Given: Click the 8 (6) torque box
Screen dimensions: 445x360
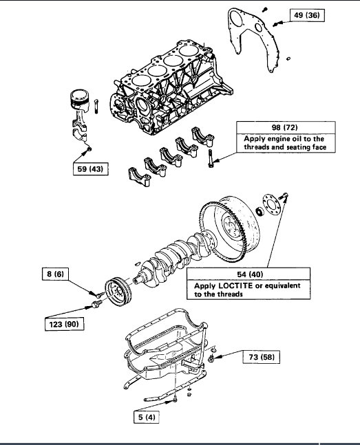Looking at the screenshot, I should (54, 274).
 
